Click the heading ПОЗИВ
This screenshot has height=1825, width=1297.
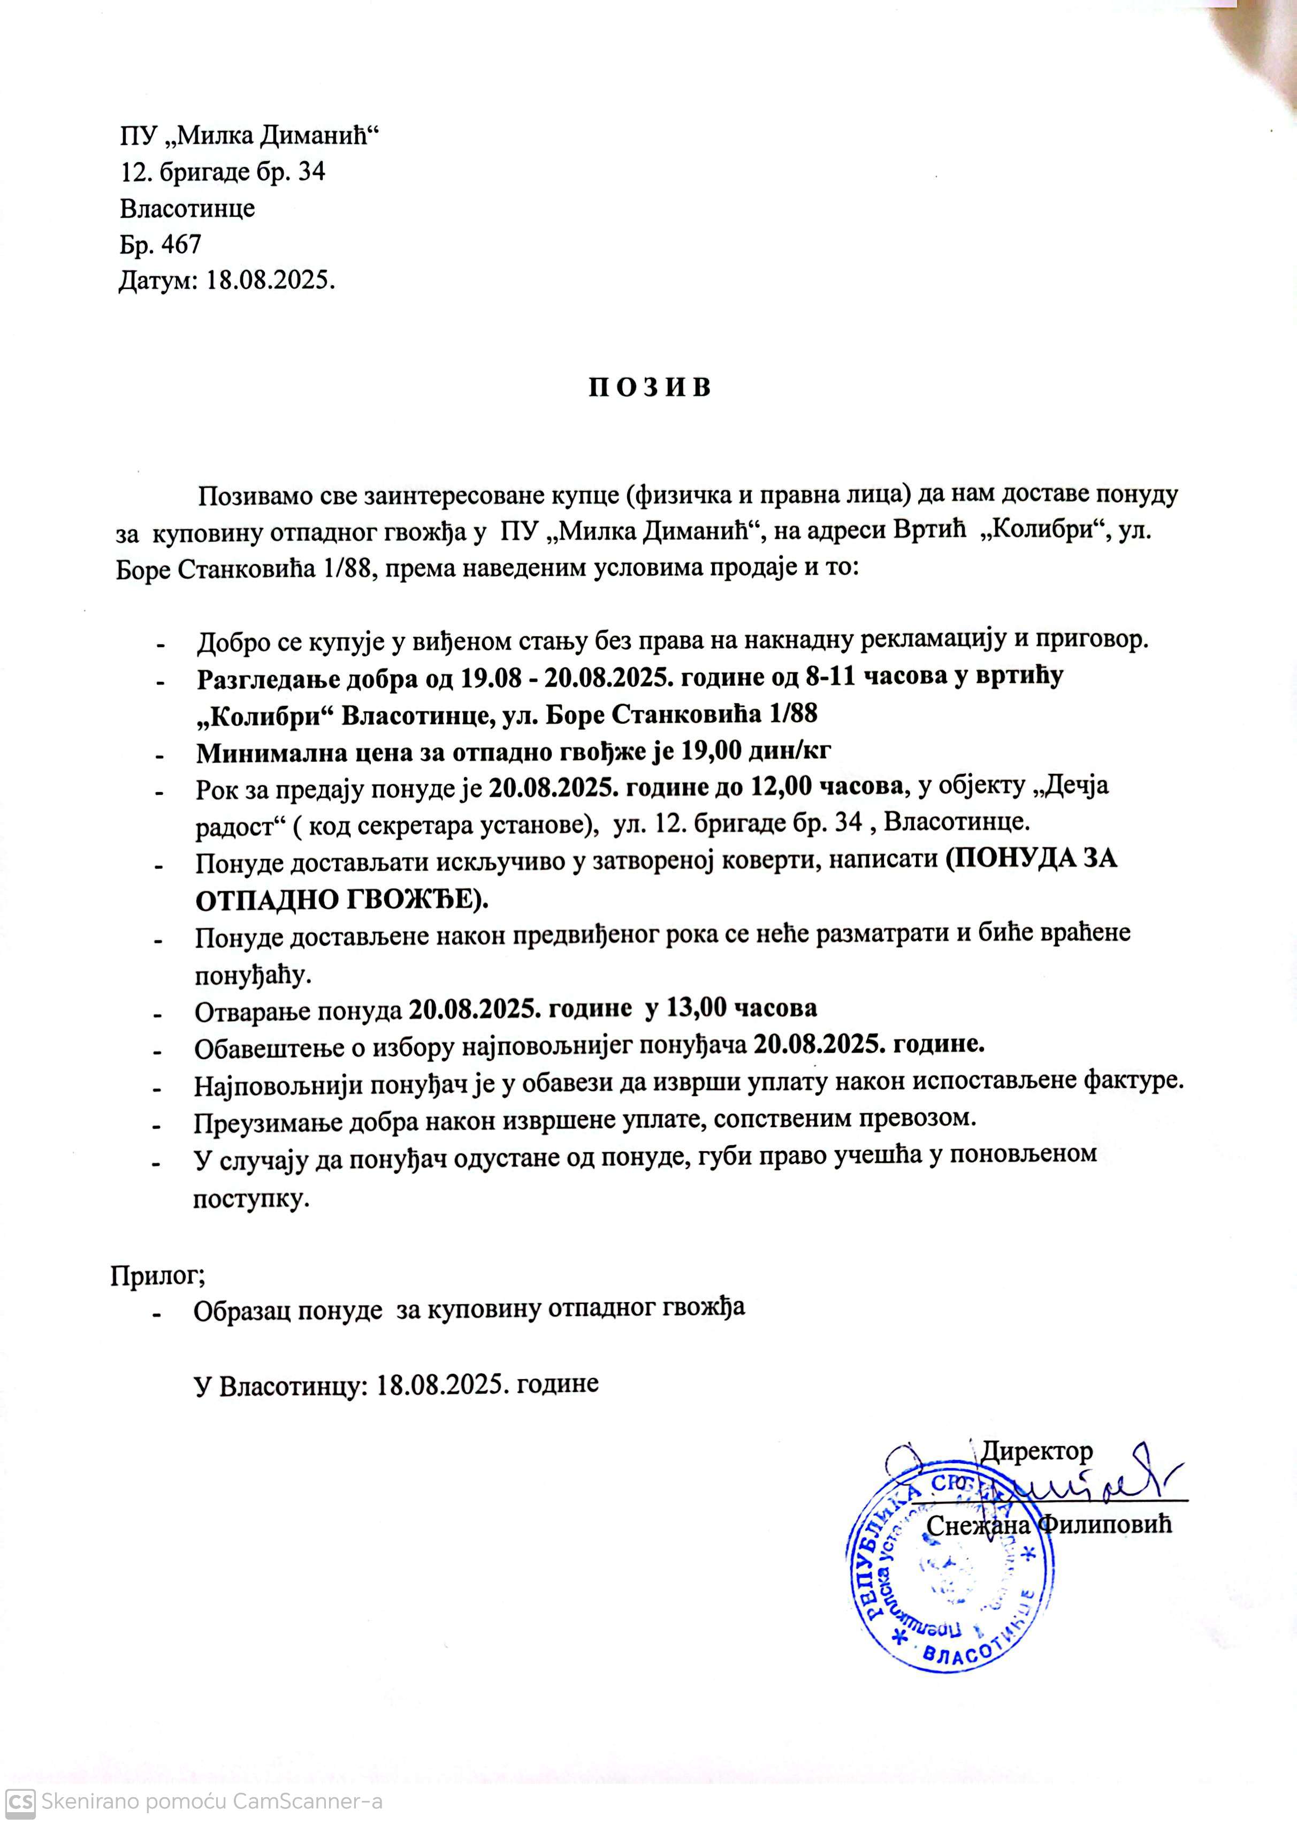click(x=649, y=387)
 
